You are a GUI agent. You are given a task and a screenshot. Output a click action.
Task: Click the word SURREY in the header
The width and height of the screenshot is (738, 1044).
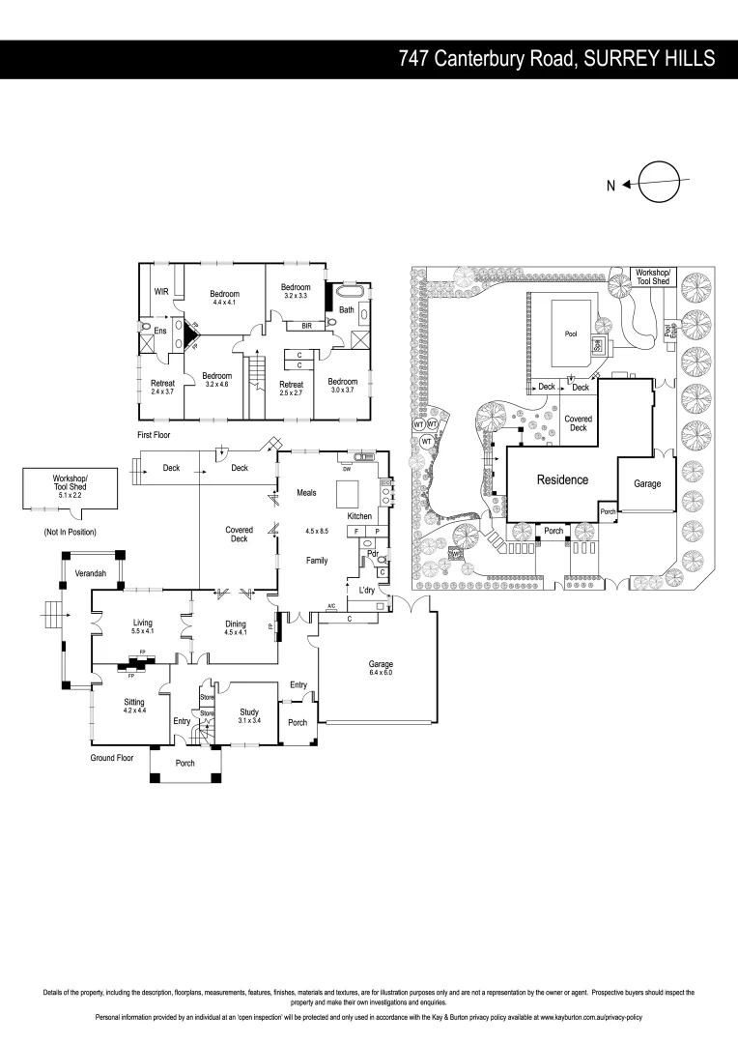pos(617,59)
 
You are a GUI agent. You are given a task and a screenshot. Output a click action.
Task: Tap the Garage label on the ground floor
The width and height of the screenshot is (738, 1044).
pos(381,664)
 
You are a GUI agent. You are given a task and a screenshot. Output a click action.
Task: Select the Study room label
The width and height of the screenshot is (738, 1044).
pos(250,711)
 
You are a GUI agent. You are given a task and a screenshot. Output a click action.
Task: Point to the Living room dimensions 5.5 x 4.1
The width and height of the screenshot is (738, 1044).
pos(144,631)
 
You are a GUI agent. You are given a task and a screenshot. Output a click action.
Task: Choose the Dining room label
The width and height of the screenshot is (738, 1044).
pos(236,623)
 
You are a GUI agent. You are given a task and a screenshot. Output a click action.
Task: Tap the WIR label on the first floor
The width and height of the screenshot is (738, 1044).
pos(162,291)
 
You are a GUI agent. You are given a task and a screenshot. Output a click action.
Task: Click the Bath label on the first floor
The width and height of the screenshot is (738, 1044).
pos(346,309)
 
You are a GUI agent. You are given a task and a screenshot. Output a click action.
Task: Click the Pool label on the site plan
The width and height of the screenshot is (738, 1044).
pos(570,333)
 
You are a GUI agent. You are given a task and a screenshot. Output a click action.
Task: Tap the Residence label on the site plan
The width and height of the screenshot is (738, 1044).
pos(562,479)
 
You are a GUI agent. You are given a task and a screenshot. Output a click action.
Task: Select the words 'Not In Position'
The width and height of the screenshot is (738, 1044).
pos(70,533)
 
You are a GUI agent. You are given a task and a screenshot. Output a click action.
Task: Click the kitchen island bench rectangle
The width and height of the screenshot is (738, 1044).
pos(348,495)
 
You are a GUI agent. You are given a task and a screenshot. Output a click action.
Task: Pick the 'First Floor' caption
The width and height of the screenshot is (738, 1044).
pos(154,436)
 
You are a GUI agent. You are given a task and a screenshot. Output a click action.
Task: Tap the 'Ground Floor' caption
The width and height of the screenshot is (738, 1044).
pos(111,758)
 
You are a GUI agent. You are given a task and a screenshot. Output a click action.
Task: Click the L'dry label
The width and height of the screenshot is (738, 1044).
pos(366,590)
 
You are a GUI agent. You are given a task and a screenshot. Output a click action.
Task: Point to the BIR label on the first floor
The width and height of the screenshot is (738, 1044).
pos(306,327)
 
